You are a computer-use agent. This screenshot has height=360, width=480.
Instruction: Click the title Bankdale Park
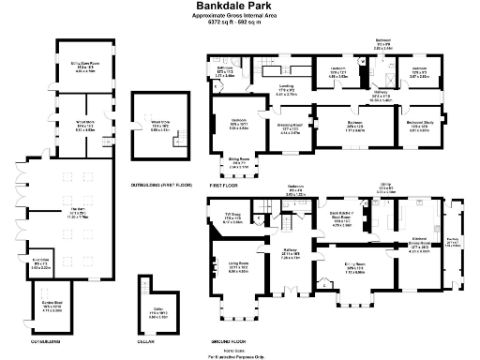click(x=241, y=7)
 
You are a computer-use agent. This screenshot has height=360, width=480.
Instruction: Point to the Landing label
click(x=287, y=90)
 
